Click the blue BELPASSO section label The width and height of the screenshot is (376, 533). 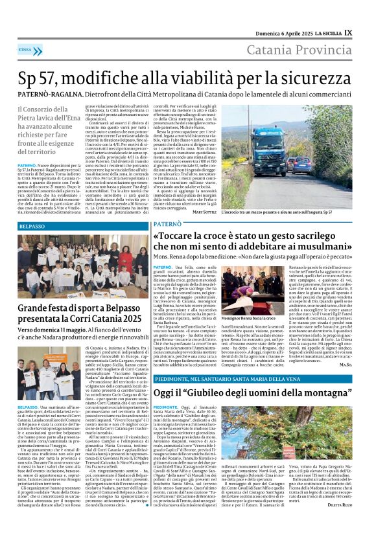(32, 227)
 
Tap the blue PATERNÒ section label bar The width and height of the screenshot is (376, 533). (167, 223)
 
